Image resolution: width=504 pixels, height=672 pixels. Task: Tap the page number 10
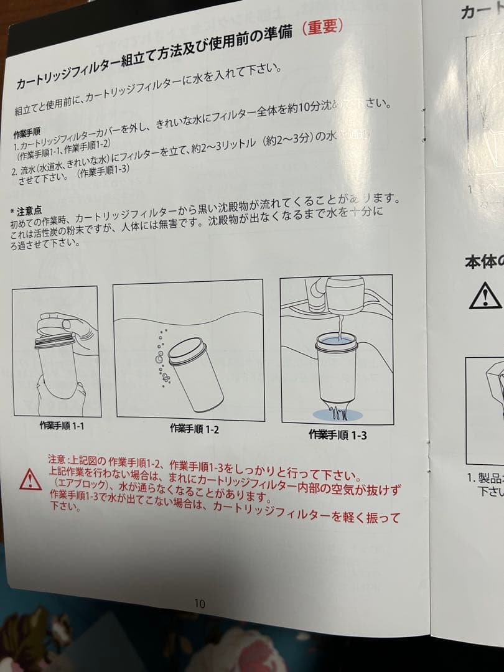(199, 604)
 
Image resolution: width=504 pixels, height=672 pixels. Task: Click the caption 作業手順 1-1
(62, 426)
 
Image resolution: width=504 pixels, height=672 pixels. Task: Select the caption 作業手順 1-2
(194, 429)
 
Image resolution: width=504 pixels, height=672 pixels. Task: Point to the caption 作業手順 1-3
(337, 435)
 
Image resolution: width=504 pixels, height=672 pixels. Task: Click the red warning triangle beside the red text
(30, 479)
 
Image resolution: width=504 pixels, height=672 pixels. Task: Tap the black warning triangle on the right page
(485, 295)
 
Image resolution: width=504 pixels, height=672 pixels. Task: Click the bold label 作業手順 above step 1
(27, 134)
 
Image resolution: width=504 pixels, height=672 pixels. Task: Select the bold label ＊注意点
(27, 210)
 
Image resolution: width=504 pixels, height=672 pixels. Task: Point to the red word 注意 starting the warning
(57, 459)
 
